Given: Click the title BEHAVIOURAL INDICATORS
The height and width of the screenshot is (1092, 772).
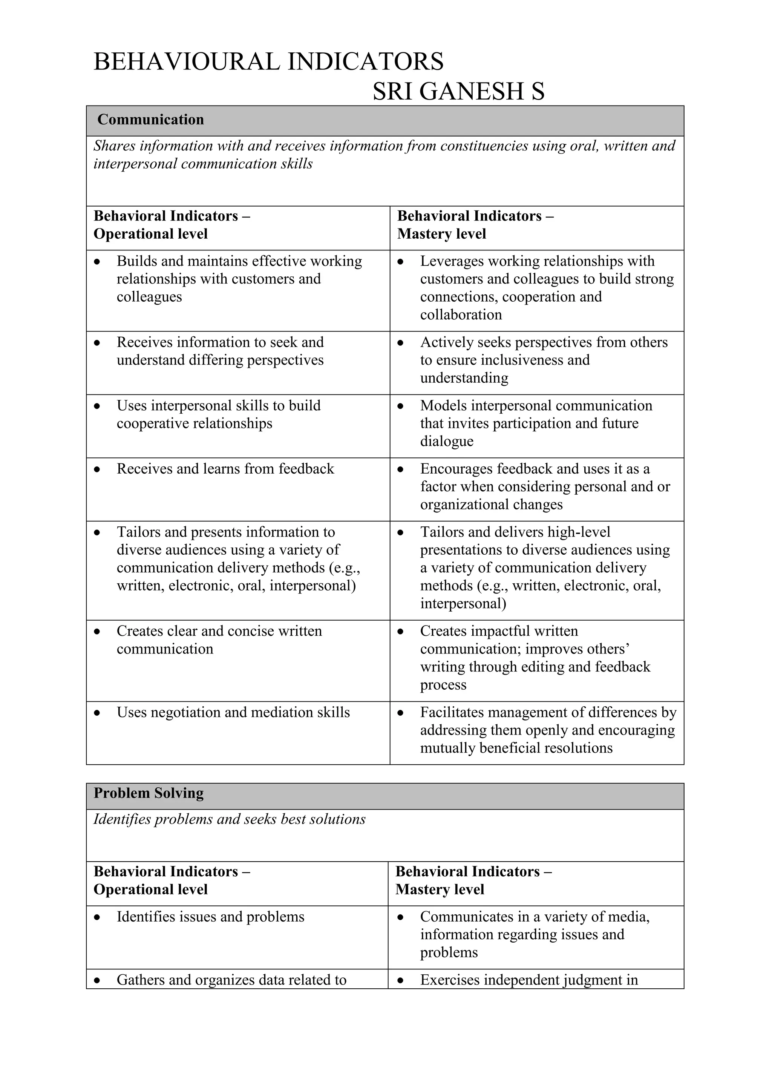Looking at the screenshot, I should [269, 62].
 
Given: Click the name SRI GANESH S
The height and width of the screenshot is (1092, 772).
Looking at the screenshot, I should [458, 91].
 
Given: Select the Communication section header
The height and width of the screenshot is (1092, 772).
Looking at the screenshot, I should [150, 120].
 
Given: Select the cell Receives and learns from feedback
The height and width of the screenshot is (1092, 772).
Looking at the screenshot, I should [225, 469].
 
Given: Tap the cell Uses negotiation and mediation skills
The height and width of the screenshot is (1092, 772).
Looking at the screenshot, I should [233, 712].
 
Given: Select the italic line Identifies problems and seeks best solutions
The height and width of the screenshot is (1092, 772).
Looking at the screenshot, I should [229, 819].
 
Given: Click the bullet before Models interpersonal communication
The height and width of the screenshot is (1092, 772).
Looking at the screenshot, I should [401, 406].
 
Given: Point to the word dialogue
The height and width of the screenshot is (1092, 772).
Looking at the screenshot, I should [446, 442].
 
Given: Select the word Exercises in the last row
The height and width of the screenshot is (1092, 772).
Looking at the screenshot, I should [450, 980].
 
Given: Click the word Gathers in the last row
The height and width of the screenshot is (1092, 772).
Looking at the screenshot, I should [140, 980].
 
